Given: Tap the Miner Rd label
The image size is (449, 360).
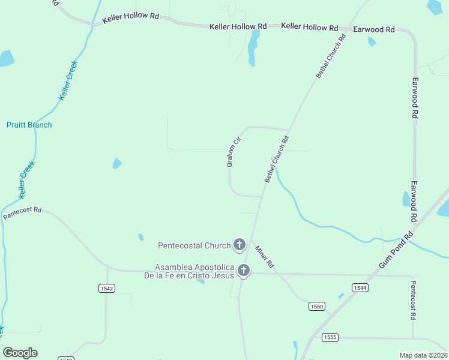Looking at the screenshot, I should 264,256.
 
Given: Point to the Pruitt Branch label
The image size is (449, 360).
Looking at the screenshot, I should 29,125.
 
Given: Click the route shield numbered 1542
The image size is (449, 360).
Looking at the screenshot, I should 106,289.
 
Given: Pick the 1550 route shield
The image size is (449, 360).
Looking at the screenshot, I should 317,307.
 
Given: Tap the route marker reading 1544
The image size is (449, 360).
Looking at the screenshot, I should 360,288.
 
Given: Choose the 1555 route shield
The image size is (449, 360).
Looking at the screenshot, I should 328,337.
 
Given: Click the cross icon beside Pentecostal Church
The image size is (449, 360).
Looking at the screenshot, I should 239,244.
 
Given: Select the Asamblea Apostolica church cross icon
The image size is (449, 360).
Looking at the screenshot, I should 243,271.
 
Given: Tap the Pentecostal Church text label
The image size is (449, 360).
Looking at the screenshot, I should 194,245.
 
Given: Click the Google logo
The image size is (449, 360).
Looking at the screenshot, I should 20,353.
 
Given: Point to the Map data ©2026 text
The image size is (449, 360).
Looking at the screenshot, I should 423,355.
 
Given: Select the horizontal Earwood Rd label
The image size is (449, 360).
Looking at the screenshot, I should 374,29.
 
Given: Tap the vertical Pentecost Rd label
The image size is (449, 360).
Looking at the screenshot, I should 413,300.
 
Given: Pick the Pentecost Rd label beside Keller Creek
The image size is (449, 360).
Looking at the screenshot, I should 22,213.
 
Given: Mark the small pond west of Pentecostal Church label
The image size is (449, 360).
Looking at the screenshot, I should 141,237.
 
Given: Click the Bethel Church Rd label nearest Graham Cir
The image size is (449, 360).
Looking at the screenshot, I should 277,159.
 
